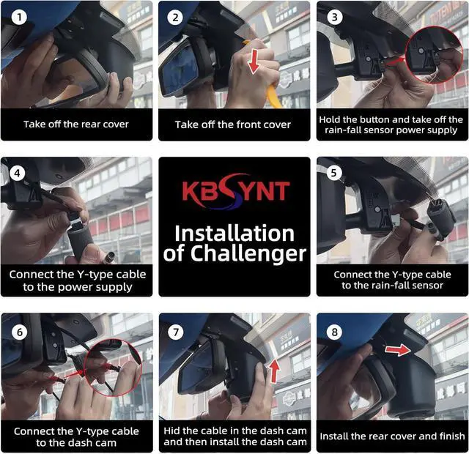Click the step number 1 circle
point(19,17)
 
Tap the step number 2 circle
point(175,18)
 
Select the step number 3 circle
point(334,17)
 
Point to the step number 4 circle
point(18,173)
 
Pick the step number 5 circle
point(334,173)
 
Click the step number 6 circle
point(20,332)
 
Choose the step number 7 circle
point(176,332)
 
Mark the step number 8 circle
point(334,332)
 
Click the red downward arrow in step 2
point(254,62)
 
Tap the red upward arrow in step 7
point(274,371)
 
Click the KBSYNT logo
point(236,190)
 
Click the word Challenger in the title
point(248,253)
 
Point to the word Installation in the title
point(234,234)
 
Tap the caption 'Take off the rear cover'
point(76,124)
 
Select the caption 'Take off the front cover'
point(233,124)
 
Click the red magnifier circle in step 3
point(435,55)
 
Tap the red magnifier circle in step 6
point(113,367)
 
